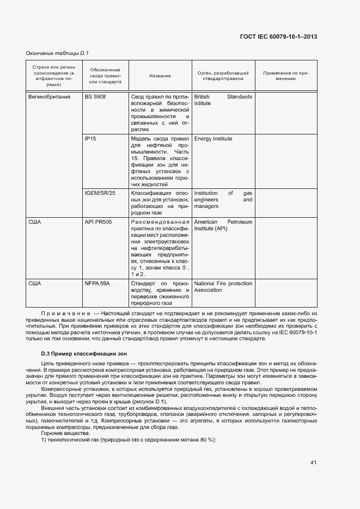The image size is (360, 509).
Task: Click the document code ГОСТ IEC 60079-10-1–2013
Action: click(x=278, y=37)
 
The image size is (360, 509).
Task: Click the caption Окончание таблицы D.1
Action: click(x=57, y=53)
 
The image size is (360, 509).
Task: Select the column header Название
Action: click(x=160, y=76)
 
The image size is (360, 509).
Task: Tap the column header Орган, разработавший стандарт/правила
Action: click(x=223, y=76)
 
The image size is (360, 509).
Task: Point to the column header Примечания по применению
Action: click(x=286, y=76)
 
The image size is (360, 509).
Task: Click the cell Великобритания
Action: click(x=49, y=96)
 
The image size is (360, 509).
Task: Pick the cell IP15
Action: click(x=90, y=139)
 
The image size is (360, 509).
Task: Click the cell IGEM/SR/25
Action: click(x=100, y=193)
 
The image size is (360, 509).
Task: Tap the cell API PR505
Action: click(x=97, y=222)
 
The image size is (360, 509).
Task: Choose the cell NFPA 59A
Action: click(x=97, y=284)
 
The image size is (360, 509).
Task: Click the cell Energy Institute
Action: click(x=213, y=139)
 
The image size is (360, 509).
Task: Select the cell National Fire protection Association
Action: click(x=223, y=287)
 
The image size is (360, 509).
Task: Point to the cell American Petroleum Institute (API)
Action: click(x=223, y=225)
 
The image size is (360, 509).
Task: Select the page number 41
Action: click(x=313, y=463)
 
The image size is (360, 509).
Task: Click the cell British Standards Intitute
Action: click(x=223, y=100)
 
